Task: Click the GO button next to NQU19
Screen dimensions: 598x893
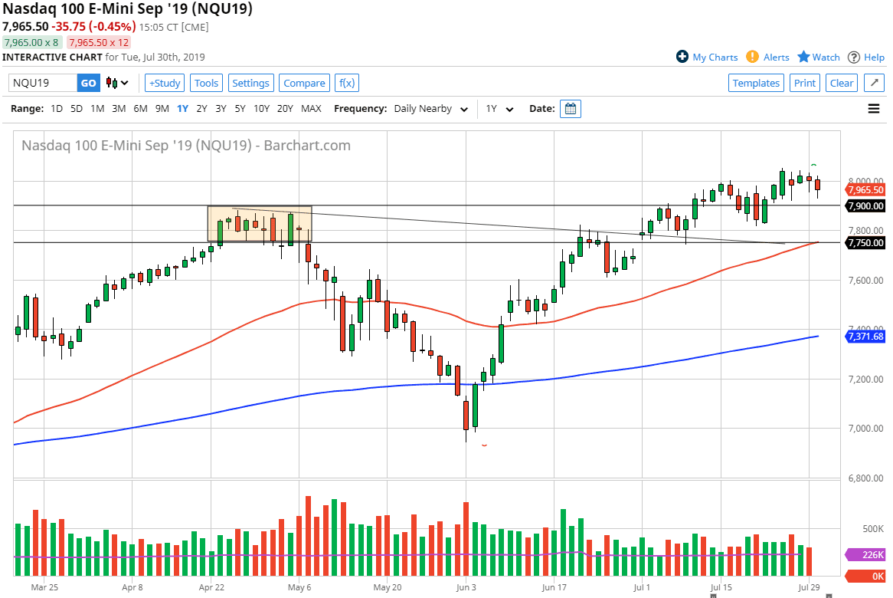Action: [89, 83]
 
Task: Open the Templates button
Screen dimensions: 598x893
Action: [756, 83]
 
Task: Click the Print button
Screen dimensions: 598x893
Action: [805, 83]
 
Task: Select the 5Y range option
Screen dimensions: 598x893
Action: [240, 109]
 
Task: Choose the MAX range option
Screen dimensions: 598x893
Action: [311, 109]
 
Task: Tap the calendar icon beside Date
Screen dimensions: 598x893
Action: [571, 109]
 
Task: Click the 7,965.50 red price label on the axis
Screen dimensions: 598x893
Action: [865, 190]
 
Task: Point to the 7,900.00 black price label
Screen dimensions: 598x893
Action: [865, 205]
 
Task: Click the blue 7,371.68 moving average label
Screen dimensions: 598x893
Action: [865, 336]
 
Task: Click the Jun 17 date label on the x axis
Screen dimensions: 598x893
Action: [553, 587]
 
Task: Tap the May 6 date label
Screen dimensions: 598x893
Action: [299, 587]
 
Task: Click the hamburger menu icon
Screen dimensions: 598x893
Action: [874, 109]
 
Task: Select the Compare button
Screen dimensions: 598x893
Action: [304, 83]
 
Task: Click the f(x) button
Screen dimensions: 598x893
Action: [347, 83]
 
